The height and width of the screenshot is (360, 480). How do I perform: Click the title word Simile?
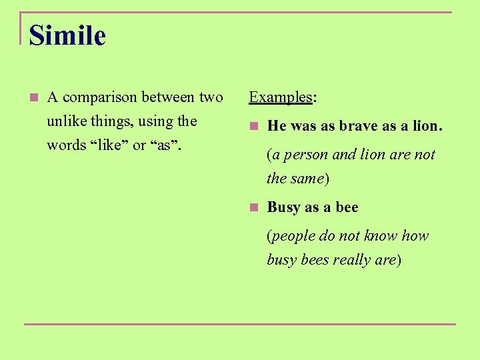67,35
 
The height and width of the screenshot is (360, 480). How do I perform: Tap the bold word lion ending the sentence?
427,126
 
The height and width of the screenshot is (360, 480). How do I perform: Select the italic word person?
306,155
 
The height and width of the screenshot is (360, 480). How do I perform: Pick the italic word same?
307,179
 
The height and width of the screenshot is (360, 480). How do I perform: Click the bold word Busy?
283,207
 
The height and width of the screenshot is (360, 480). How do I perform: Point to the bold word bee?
347,207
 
